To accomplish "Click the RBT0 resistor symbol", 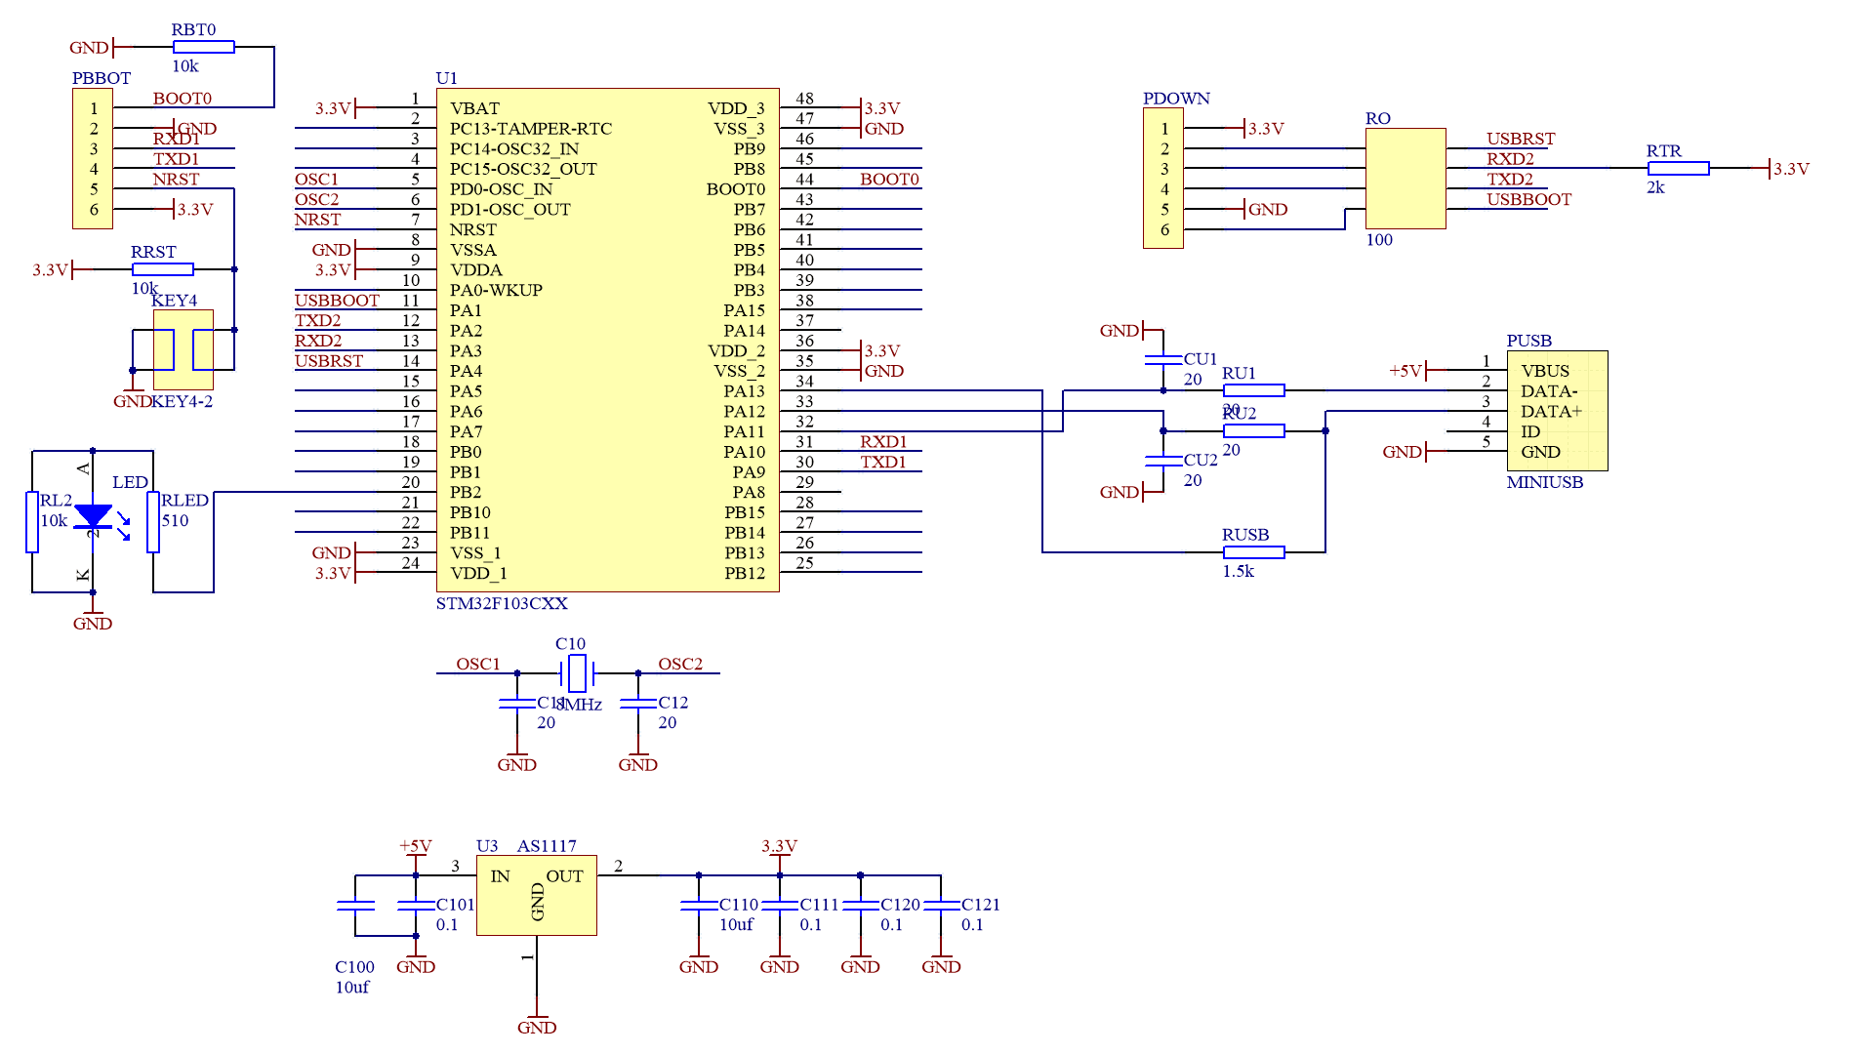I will coord(203,47).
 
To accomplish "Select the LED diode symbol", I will coord(93,516).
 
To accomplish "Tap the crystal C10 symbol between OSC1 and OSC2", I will coord(577,672).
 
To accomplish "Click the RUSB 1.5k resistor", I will coord(1253,552).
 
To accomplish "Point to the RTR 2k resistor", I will coord(1678,168).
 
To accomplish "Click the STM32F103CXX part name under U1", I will coord(502,603).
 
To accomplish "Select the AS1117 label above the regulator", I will coord(547,846).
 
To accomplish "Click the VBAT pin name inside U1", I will coord(474,108).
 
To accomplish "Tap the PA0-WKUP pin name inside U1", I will coord(496,290).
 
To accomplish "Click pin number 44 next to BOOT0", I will coord(804,180).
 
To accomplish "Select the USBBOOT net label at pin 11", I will coord(337,301).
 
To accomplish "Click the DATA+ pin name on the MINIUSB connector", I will coord(1551,412).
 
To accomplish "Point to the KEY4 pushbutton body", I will coord(183,349).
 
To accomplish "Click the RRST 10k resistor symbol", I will coord(163,268).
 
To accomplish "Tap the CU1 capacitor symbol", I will coord(1163,360).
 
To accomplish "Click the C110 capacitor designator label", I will coord(739,905).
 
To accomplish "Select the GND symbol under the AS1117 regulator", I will coord(537,1023).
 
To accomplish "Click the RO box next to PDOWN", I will coord(1405,179).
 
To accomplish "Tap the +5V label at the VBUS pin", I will coord(1405,371).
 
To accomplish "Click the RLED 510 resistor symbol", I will coord(153,522).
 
